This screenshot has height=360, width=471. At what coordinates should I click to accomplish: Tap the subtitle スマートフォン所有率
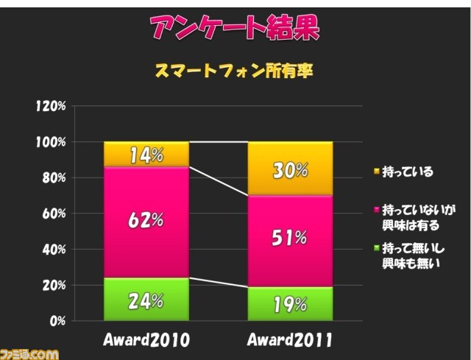[x=235, y=71]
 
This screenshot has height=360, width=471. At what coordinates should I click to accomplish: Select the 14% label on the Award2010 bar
[x=146, y=155]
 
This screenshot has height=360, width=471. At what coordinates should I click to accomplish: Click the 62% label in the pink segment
[x=146, y=219]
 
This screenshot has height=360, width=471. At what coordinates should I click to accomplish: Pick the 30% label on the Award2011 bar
[x=291, y=170]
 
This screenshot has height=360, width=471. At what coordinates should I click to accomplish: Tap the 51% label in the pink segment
[x=291, y=237]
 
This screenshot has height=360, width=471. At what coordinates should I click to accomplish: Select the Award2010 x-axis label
[x=146, y=341]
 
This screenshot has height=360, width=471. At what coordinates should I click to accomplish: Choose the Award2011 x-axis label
[x=291, y=341]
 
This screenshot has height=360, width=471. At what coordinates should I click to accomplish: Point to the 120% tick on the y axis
[x=51, y=106]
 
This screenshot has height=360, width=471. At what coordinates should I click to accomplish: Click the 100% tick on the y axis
[x=51, y=142]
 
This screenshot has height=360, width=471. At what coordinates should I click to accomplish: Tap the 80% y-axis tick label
[x=53, y=178]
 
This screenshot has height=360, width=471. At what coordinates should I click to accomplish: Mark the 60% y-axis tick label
[x=53, y=213]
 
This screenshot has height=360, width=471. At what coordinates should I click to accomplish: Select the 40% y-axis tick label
[x=53, y=250]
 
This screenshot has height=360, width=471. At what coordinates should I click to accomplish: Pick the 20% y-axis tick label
[x=53, y=286]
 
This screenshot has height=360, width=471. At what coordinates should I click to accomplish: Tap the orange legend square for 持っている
[x=376, y=172]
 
